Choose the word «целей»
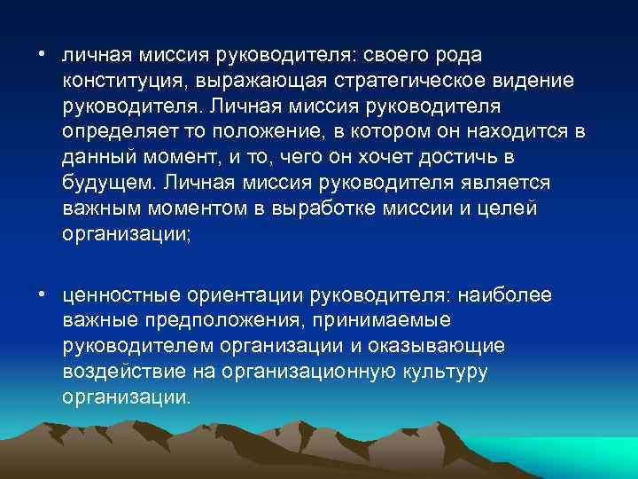[513, 209]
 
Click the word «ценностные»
[119, 294]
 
